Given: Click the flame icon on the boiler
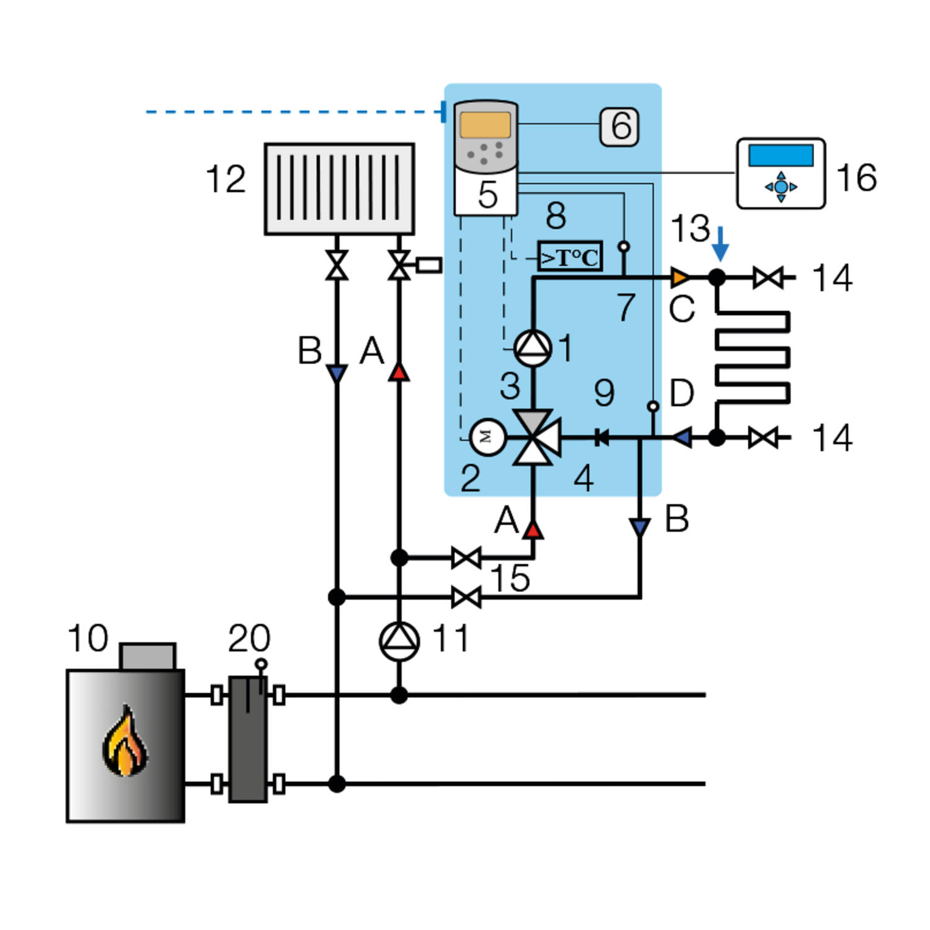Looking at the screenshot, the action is click(x=125, y=741).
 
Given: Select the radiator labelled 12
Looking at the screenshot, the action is click(x=339, y=189).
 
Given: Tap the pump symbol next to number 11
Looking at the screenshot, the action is click(x=399, y=641).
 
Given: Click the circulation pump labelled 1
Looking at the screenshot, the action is click(x=533, y=348).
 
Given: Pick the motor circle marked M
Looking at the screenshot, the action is click(x=488, y=437).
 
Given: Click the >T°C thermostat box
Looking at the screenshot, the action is click(x=570, y=257).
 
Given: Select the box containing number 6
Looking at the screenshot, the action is click(x=619, y=126).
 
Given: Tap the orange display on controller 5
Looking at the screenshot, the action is click(x=485, y=125).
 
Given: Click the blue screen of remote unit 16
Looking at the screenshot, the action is click(x=781, y=155).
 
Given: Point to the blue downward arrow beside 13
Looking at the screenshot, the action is click(x=720, y=244).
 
